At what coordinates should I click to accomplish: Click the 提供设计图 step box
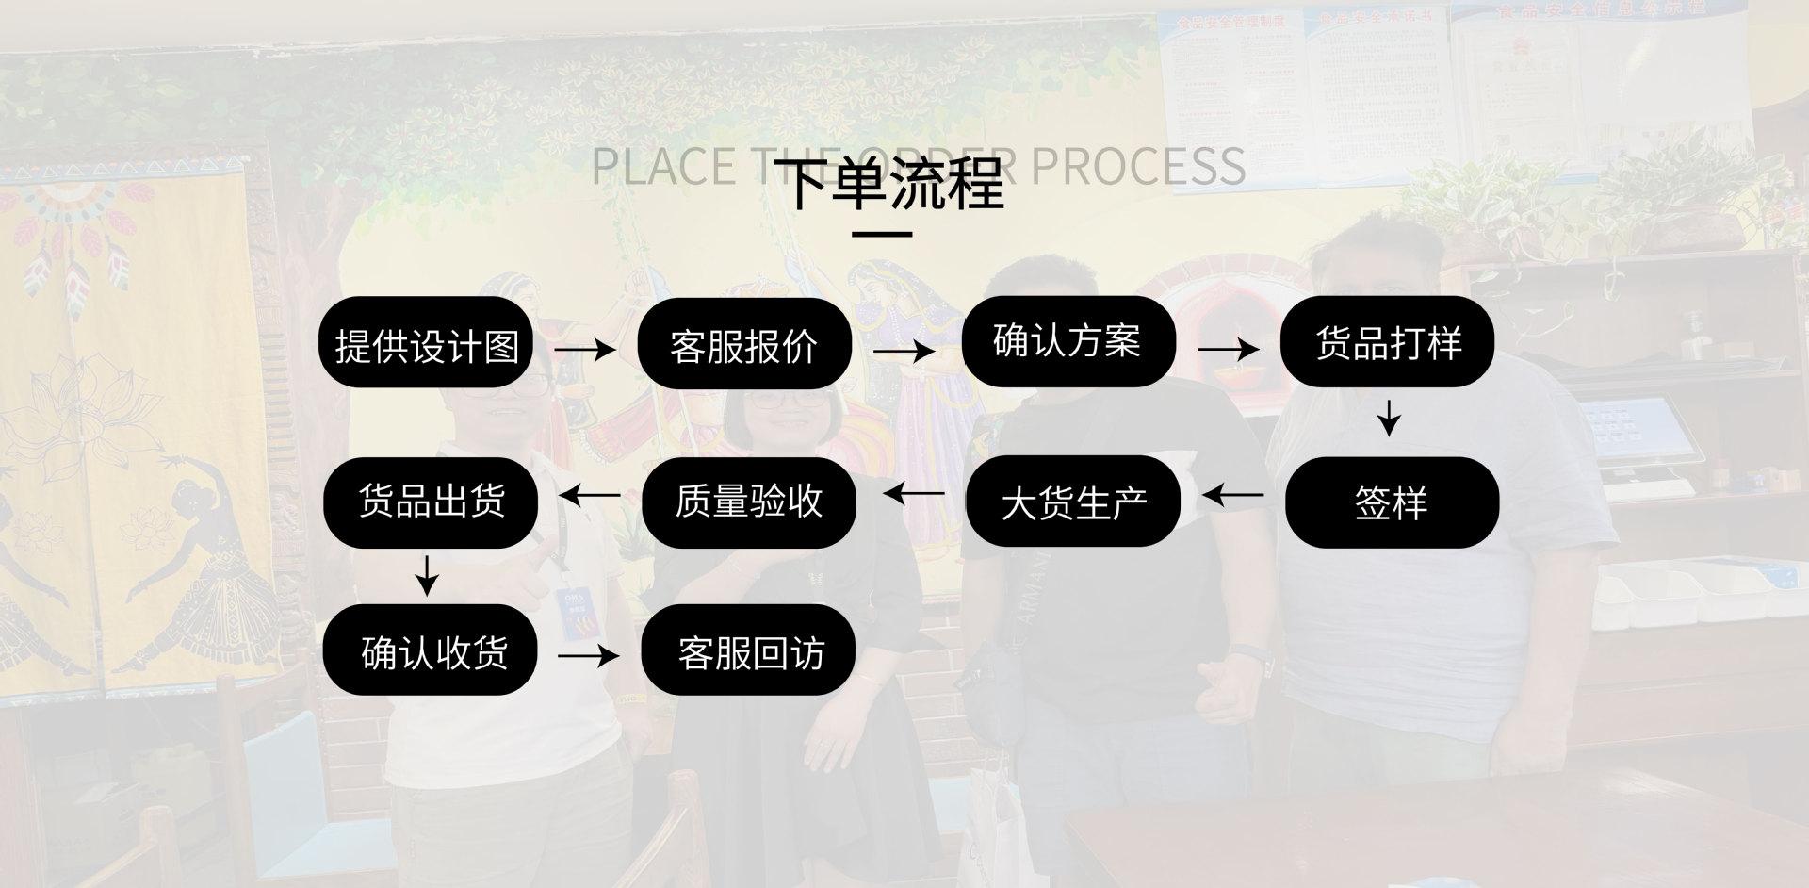(427, 344)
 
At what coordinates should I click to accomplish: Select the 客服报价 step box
(744, 345)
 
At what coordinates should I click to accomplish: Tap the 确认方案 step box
(1067, 341)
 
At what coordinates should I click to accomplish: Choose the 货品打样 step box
(1388, 341)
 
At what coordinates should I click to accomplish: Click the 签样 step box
(1391, 502)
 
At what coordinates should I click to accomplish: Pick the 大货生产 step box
(1073, 502)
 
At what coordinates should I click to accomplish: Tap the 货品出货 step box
(431, 501)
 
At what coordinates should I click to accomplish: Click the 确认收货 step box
(431, 651)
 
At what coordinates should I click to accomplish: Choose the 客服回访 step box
(749, 651)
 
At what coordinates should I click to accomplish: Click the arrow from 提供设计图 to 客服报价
(585, 349)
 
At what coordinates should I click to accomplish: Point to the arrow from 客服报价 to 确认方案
(904, 351)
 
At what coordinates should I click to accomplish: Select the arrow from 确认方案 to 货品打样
(1229, 349)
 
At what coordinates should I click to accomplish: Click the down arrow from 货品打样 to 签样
(1388, 418)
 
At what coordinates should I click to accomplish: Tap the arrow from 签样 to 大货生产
(1232, 494)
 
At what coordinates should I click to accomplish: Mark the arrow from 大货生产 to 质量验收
(914, 492)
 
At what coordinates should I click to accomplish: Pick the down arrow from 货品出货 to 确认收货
(427, 575)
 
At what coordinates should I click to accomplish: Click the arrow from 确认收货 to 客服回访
(589, 654)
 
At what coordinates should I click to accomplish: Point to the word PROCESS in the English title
(1138, 166)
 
